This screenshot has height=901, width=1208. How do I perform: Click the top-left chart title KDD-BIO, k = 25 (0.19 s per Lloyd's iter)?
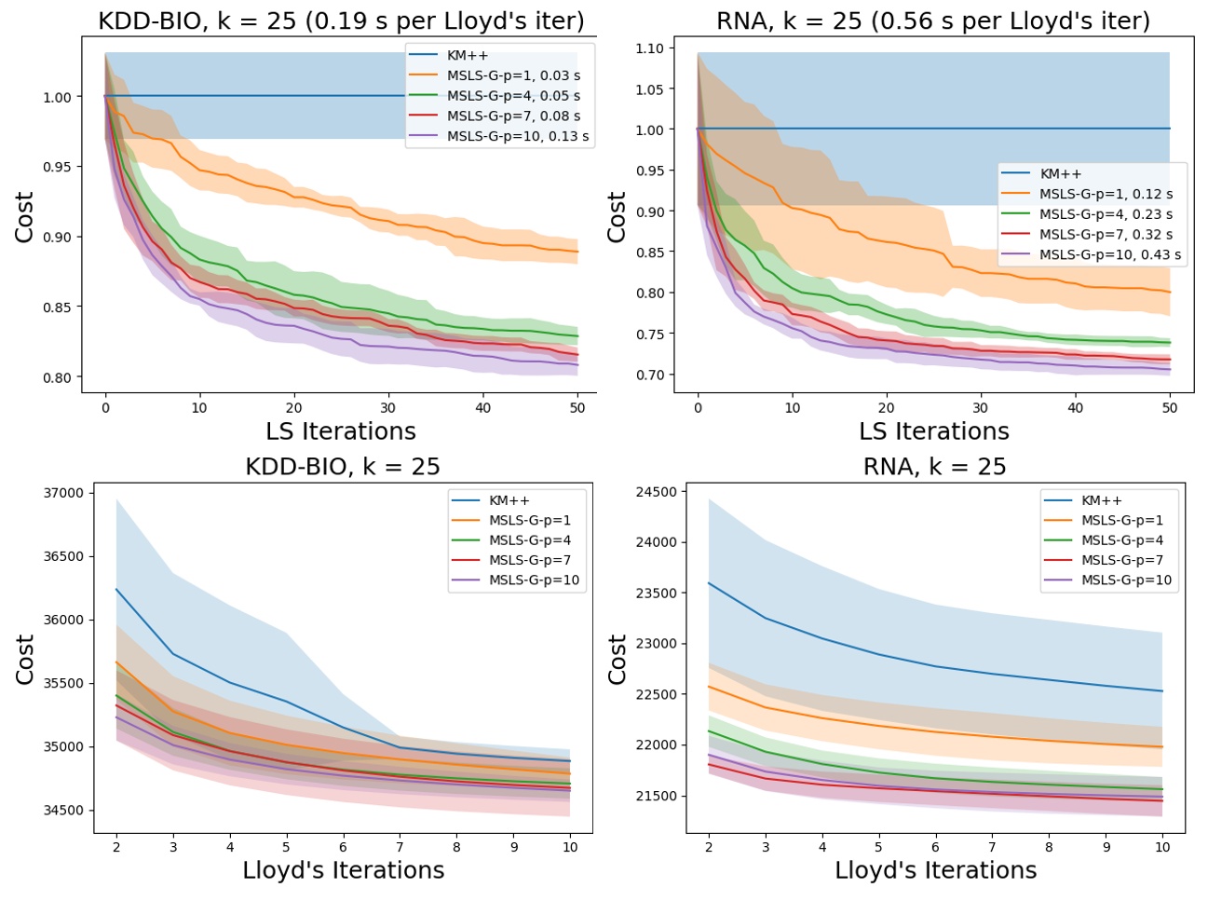click(341, 20)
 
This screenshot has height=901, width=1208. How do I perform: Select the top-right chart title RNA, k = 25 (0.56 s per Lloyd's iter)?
click(932, 20)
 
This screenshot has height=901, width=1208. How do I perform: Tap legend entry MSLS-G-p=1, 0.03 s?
click(512, 75)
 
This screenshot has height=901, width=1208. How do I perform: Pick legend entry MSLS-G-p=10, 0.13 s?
click(517, 136)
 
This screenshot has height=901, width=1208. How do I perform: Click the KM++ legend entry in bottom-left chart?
click(509, 500)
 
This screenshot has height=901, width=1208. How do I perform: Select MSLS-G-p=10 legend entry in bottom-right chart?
click(1126, 580)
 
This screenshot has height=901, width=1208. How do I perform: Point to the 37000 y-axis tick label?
click(64, 493)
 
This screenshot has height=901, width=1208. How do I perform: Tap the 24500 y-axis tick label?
click(657, 491)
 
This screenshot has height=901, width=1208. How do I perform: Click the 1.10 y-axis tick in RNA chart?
click(649, 48)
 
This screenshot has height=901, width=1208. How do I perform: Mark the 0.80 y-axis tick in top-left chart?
click(57, 377)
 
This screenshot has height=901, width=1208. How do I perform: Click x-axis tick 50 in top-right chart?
click(1170, 407)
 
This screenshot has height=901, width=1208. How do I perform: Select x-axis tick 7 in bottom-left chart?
click(400, 847)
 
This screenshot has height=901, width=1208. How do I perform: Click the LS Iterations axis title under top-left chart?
click(341, 431)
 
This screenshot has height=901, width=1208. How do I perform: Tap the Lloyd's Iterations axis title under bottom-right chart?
click(935, 870)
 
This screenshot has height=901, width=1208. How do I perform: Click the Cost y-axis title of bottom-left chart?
click(24, 659)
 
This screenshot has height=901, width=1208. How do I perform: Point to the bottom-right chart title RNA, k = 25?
click(934, 467)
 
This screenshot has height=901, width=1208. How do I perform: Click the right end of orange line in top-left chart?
click(577, 252)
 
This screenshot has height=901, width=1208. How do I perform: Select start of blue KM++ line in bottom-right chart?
click(709, 583)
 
